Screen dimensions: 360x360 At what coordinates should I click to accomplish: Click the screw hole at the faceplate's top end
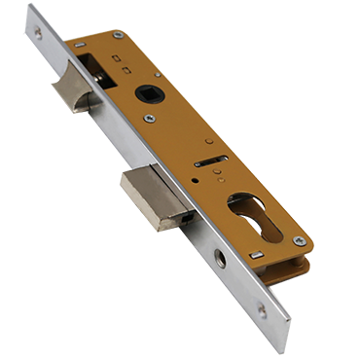[x=38, y=32]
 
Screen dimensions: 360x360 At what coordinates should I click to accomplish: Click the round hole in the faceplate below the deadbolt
[x=220, y=258]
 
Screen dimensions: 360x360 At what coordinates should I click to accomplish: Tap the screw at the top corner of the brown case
[x=118, y=36]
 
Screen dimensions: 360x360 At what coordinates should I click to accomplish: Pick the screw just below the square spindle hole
[x=149, y=119]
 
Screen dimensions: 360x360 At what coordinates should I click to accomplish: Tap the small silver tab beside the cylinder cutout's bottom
[x=256, y=255]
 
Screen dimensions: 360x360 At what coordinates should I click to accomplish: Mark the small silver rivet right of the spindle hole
[x=158, y=73]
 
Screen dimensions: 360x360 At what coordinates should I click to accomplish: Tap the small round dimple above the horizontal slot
[x=208, y=142]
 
